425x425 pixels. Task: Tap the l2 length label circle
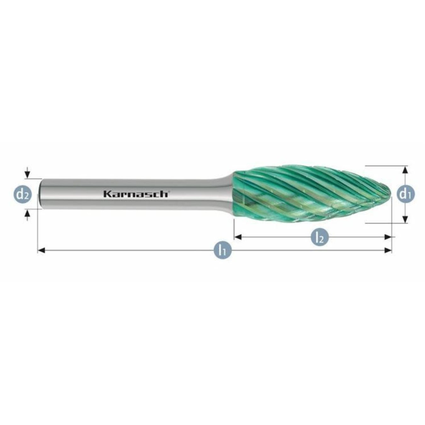320,237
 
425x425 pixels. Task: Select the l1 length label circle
223,250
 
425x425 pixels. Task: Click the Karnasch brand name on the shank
136,194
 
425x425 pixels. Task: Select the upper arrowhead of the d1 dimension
405,170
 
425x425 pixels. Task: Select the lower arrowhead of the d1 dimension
405,219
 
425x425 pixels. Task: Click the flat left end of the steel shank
40,194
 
